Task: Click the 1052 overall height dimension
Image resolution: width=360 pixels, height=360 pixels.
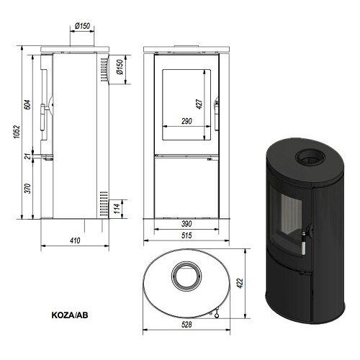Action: click(x=16, y=132)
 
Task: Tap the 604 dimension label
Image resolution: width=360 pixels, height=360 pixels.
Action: click(x=27, y=104)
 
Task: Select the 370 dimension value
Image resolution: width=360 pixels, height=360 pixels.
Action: click(x=27, y=189)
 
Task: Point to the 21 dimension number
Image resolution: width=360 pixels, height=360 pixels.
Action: click(x=28, y=156)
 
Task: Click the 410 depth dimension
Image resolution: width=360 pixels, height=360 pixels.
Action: click(x=75, y=240)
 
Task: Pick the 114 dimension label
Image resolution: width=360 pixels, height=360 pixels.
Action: click(x=117, y=209)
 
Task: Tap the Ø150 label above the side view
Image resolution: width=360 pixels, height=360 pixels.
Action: click(x=82, y=26)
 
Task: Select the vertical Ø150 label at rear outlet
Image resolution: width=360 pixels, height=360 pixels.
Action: click(x=120, y=67)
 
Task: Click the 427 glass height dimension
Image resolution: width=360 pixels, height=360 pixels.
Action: click(x=199, y=104)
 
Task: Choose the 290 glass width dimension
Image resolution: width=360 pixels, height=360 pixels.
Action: click(x=186, y=121)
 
